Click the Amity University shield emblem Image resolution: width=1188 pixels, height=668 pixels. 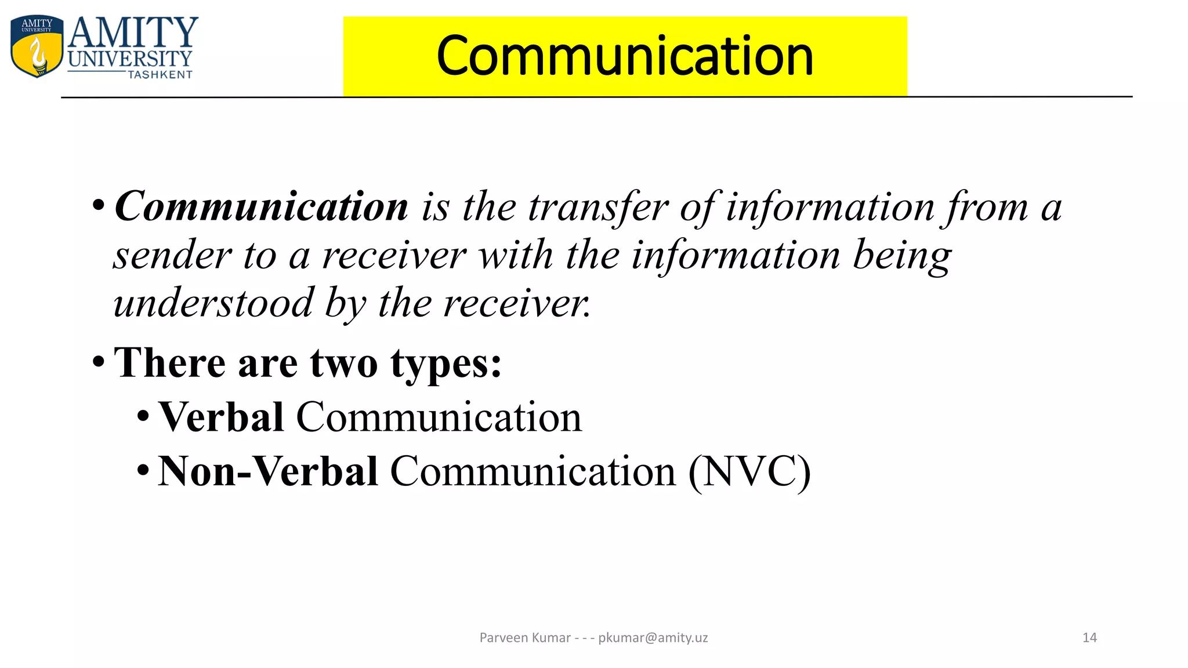pos(37,46)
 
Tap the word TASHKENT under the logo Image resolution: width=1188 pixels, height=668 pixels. pos(160,75)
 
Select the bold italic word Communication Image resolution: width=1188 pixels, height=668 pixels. pos(261,206)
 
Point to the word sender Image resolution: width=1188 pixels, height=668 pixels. pos(172,255)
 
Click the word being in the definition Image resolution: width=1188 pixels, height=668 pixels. pos(902,255)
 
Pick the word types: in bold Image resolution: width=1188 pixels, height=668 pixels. pos(446,364)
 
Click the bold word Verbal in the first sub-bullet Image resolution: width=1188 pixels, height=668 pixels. pos(220,417)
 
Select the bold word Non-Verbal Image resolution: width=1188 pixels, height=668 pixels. pos(268,471)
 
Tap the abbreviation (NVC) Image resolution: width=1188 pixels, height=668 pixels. pos(749,471)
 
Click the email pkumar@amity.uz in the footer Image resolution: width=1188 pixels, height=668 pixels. pos(653,638)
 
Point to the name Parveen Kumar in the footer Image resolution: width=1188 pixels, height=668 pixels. pos(525,638)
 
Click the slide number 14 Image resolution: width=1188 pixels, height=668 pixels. pos(1089,638)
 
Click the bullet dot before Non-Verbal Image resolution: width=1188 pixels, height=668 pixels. pos(143,470)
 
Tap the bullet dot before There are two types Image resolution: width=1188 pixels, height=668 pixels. pos(99,362)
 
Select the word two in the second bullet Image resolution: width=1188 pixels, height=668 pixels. pos(343,363)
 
